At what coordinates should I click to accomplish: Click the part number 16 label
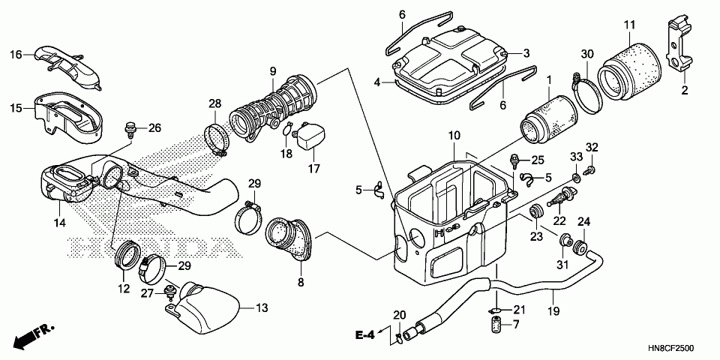15,54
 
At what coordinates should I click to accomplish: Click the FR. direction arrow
34,334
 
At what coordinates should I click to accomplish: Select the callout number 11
628,25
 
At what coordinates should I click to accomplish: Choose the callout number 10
453,136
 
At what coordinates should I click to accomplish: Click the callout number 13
262,307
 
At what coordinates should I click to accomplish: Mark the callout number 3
526,53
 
